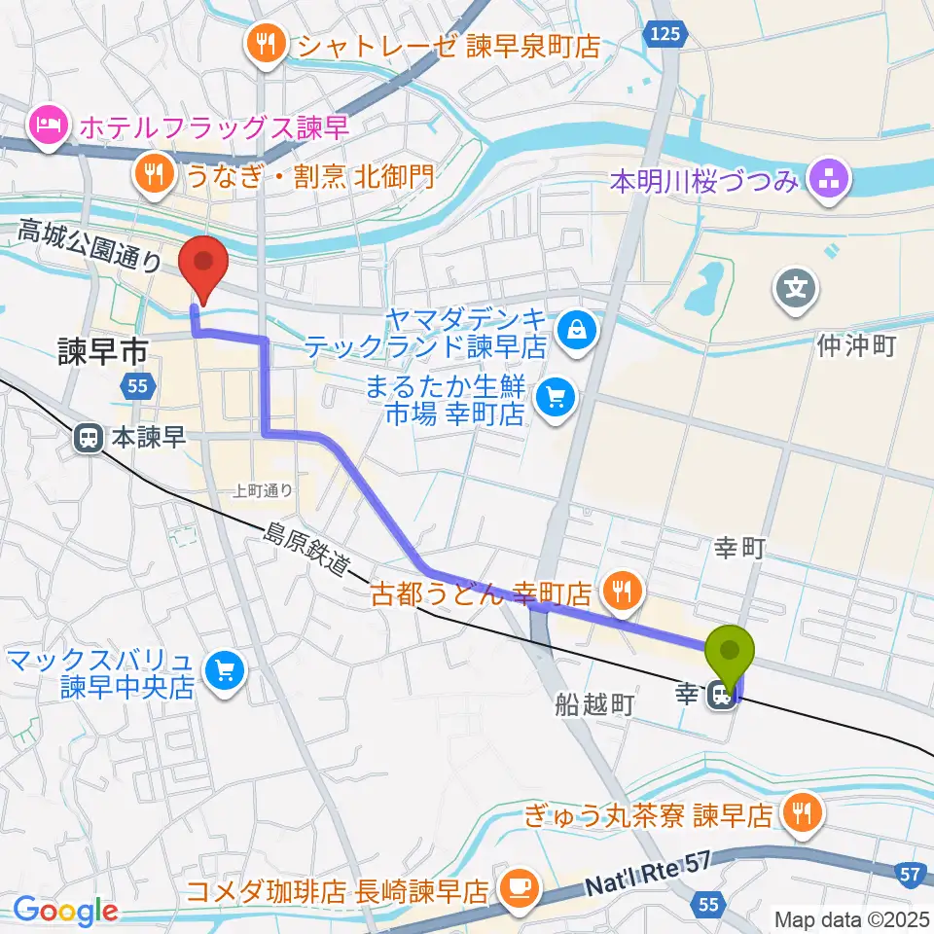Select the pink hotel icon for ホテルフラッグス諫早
click(x=47, y=125)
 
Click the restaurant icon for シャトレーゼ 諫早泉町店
click(x=265, y=43)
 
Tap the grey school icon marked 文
click(x=796, y=288)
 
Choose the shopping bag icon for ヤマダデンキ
click(x=578, y=330)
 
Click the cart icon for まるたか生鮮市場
click(x=557, y=396)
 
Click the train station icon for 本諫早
click(x=89, y=439)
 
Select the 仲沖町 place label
click(x=855, y=345)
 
